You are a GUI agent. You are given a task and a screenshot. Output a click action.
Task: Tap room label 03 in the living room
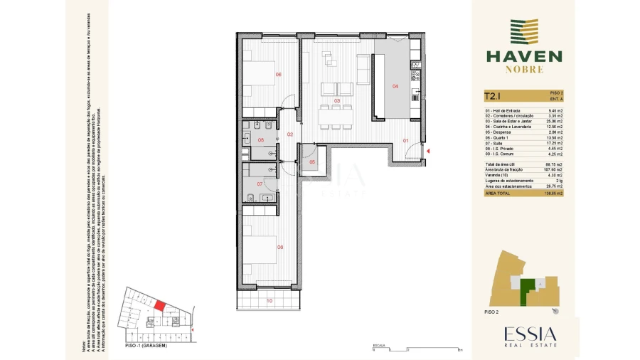(x=338, y=101)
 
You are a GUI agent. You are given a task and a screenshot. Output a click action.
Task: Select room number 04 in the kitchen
(x=395, y=86)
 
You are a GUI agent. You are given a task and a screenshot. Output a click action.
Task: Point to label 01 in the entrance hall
(x=406, y=140)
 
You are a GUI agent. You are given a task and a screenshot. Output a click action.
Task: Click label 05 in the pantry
(x=312, y=162)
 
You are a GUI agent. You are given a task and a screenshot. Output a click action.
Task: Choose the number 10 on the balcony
(x=269, y=301)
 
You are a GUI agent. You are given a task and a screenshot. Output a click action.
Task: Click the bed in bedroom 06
(x=260, y=74)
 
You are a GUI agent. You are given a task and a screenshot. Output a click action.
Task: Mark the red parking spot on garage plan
(x=160, y=305)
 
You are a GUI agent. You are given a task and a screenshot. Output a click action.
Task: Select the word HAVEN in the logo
(x=523, y=56)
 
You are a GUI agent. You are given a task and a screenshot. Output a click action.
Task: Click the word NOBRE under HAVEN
(x=524, y=70)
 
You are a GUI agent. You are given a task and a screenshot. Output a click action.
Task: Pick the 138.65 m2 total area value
(x=552, y=193)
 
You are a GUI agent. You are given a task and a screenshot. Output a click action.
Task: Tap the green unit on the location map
(x=527, y=290)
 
